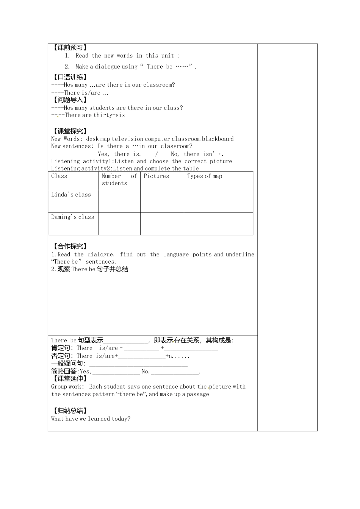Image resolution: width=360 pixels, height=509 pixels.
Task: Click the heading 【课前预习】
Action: coord(70,48)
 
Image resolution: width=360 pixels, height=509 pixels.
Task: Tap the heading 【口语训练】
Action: coord(70,77)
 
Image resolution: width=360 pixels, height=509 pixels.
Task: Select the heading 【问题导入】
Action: coord(70,100)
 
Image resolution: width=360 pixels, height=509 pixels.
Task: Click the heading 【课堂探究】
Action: coord(70,131)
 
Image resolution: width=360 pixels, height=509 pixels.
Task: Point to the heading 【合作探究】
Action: coord(70,247)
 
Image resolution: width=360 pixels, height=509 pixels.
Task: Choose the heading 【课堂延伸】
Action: coord(70,378)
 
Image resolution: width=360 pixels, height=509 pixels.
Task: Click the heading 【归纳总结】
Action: coord(70,411)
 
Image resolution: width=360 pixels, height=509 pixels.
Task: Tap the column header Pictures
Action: coord(156,176)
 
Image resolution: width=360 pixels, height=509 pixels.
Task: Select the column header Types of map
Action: coord(205,176)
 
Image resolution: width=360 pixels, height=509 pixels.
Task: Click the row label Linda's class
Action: coord(71,195)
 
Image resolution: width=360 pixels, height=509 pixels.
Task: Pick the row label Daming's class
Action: coord(73,217)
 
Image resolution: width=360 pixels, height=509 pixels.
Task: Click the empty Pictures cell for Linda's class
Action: coord(162,201)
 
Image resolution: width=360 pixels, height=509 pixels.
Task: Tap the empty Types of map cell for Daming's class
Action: coord(218,224)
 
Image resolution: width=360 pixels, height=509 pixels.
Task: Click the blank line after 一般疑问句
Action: coord(138,364)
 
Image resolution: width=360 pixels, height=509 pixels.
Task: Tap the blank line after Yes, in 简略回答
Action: coord(116,372)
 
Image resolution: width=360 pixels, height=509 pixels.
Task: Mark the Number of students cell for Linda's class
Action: coord(119,201)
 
